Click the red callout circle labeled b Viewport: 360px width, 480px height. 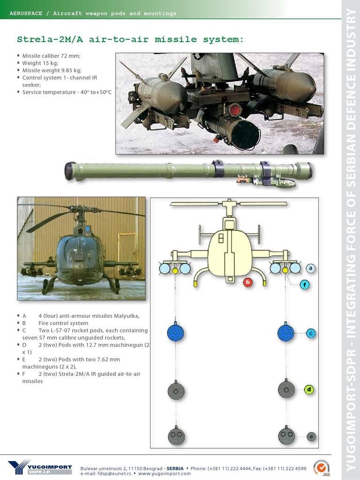point(247,282)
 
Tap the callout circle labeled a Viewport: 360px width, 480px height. point(311,269)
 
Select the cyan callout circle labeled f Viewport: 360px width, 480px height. point(304,285)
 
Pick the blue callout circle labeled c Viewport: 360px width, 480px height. point(311,333)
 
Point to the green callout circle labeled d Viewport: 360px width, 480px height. point(309,390)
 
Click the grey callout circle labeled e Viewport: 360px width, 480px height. point(311,436)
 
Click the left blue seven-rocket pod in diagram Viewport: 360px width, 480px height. point(176,332)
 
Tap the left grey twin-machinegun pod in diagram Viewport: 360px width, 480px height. point(176,435)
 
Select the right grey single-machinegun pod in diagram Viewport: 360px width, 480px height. point(286,389)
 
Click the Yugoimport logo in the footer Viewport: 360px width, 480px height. point(40,467)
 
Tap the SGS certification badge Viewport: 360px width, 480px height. point(322,468)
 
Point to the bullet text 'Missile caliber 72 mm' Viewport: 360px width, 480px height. point(51,56)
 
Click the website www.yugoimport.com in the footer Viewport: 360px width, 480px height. point(164,473)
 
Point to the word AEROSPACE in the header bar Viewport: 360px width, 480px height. point(26,14)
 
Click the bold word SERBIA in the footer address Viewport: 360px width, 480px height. point(175,468)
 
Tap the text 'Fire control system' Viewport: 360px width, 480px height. point(63,323)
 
